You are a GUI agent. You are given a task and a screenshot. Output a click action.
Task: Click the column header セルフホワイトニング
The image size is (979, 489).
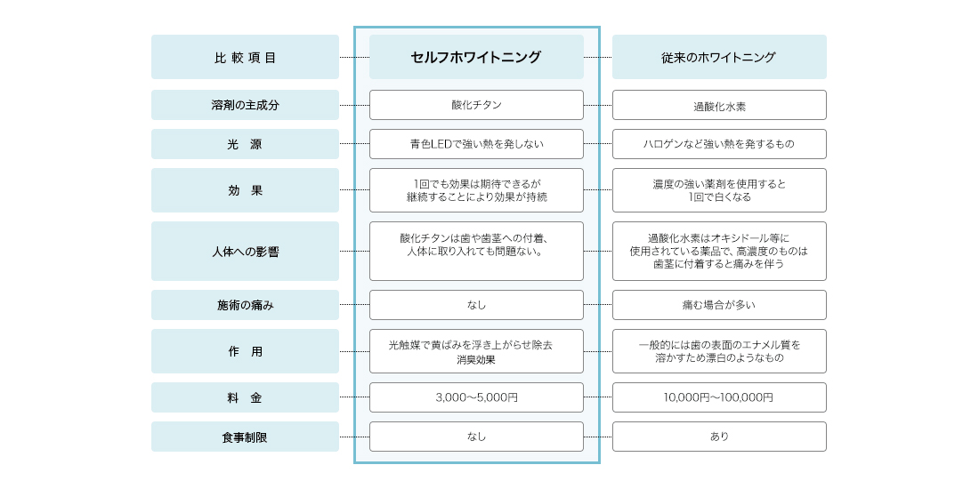point(476,57)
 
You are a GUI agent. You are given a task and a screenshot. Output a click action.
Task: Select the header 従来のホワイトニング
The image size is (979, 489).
point(719,57)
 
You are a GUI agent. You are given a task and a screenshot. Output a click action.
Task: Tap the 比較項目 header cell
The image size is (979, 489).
point(245,57)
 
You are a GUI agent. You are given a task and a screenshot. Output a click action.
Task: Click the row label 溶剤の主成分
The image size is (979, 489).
point(245,105)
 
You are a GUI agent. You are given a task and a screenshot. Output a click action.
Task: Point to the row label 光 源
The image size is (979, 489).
point(245,144)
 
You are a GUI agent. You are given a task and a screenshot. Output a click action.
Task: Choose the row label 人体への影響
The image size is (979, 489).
point(245,252)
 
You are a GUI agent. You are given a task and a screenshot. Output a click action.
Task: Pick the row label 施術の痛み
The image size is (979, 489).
point(245,305)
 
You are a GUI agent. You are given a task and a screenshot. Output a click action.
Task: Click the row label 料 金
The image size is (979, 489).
point(245,397)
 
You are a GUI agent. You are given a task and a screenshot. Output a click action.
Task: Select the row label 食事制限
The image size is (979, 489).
point(245,437)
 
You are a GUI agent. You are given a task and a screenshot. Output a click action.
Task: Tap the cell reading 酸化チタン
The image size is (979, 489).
point(476,105)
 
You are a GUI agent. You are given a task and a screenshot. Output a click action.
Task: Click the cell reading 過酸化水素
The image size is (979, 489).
point(719,105)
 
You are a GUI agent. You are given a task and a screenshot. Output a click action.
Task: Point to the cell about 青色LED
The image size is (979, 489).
point(476,144)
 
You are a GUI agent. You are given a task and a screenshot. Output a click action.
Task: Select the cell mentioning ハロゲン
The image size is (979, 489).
point(719,144)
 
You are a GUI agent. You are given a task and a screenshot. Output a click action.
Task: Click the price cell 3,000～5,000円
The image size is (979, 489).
point(476,397)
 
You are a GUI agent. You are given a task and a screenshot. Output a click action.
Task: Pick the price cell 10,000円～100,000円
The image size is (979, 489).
point(719,397)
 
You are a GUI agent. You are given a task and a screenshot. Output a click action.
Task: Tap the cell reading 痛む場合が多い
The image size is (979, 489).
point(719,305)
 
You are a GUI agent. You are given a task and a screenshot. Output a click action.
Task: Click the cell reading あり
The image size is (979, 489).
point(719,437)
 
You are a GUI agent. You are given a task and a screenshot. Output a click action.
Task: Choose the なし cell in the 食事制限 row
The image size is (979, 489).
point(476,437)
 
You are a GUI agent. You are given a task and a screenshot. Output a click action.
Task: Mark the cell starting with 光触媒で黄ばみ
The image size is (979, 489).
point(476,351)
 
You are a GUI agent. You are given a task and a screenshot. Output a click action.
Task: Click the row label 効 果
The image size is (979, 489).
point(245,190)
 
